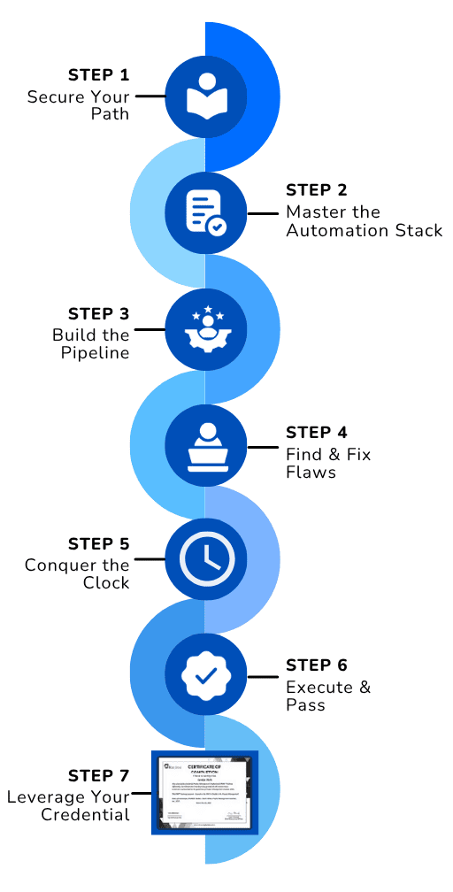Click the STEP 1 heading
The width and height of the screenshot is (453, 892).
coord(98,75)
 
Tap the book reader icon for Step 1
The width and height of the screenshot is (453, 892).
coord(205,96)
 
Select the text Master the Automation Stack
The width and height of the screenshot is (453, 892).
coord(364,221)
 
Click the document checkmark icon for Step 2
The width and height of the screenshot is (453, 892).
coord(205,213)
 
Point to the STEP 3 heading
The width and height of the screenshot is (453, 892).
coord(98,314)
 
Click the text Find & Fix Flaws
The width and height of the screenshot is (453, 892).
coord(328,463)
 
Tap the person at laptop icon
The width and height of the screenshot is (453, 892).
coord(205,446)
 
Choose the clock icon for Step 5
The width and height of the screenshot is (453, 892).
coord(205,559)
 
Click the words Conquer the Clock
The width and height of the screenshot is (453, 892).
coord(78,573)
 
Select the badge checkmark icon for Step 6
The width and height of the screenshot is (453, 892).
coord(205,675)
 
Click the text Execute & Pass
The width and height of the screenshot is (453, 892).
coord(327,696)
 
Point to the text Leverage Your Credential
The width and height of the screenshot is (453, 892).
coord(68,805)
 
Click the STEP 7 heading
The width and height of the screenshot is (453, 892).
coord(98,775)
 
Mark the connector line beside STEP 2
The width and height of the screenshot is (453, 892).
coord(263,213)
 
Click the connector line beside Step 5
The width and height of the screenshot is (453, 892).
coord(149,559)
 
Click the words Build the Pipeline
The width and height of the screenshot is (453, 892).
coord(90,343)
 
